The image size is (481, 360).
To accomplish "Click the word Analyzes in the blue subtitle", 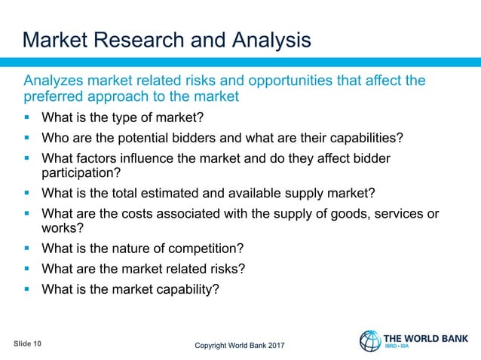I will point(54,81).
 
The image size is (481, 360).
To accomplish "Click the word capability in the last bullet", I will point(183,288).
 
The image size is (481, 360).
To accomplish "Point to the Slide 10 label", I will point(28,343).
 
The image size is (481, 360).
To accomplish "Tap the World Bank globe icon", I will point(369,341).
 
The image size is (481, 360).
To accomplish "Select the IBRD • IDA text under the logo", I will point(399,347).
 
